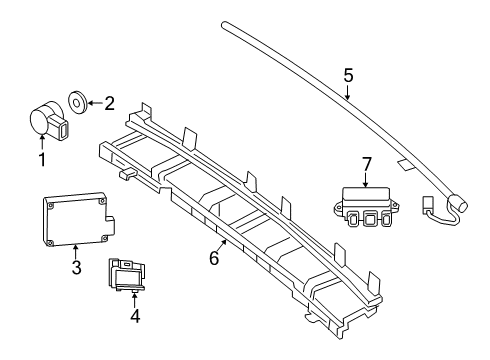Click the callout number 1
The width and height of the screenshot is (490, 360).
point(42,159)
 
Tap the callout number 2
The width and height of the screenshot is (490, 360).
point(109,103)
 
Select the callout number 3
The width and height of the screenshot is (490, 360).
point(76,267)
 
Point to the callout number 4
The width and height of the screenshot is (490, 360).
point(135,316)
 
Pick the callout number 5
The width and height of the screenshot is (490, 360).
point(348,75)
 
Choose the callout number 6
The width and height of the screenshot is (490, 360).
point(214,258)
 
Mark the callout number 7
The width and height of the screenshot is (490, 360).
point(366,164)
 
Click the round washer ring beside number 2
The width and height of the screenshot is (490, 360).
point(78,101)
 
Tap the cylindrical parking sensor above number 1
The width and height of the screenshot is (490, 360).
point(49,120)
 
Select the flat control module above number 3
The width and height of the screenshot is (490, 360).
point(79,219)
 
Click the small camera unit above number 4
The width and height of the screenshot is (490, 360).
point(126,274)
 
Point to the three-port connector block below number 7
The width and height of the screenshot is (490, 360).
point(366,207)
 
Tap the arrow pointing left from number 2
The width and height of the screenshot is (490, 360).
point(95,103)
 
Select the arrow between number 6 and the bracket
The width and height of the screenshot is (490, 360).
point(222,245)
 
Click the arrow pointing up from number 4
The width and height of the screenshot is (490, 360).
point(134,300)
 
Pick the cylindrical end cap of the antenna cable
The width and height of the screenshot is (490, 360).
point(458,203)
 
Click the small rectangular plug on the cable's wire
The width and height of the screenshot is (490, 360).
point(427,204)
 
